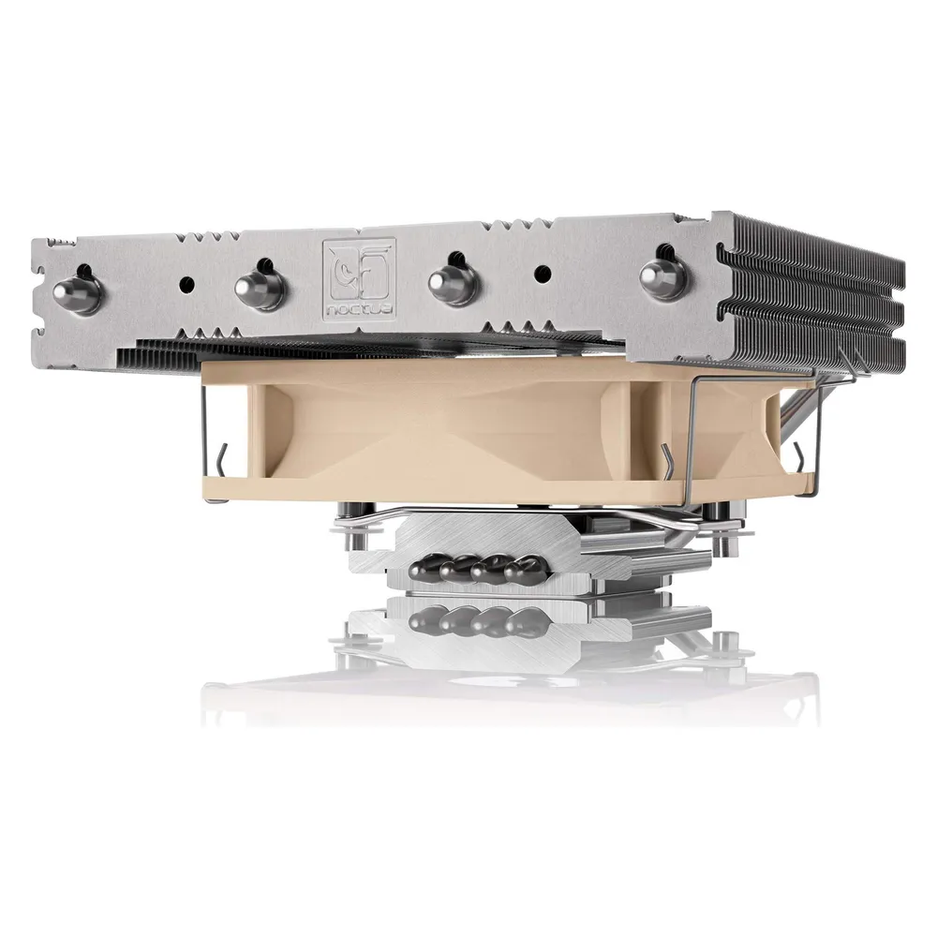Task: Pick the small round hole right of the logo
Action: [x=543, y=273]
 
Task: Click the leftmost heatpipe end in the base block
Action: [x=424, y=565]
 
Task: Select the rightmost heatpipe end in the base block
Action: [x=523, y=567]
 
